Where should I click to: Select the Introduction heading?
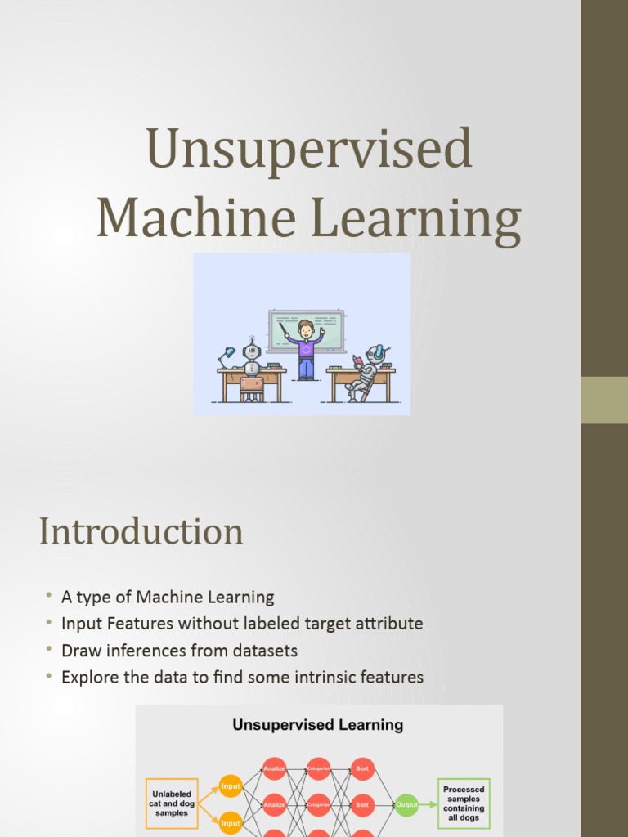tap(141, 531)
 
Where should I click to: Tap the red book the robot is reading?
tap(357, 360)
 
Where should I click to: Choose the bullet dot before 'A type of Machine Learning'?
tap(49, 595)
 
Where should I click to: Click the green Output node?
tap(406, 804)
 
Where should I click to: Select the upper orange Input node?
tap(231, 786)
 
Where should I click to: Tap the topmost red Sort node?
tap(362, 769)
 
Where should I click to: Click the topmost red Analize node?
tap(275, 769)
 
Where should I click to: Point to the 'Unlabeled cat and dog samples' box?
tap(171, 803)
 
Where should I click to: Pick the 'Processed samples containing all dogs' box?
tap(464, 803)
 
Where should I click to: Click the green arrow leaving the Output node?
tap(428, 804)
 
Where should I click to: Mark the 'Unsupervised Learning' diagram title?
tap(318, 725)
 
